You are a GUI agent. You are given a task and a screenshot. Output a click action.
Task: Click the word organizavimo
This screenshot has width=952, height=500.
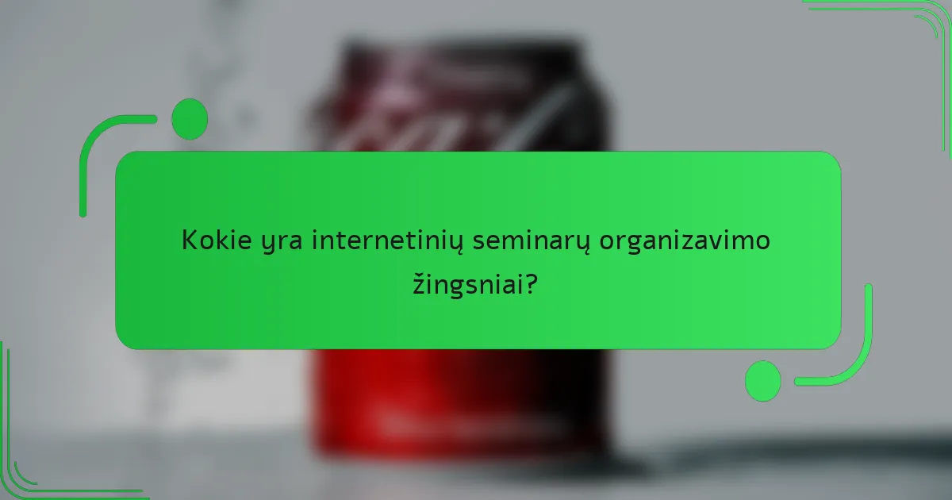[x=685, y=241]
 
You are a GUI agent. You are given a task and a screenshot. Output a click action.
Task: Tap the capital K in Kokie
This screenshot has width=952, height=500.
[x=190, y=240]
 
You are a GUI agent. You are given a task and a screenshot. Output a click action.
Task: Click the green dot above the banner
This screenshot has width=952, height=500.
[x=190, y=119]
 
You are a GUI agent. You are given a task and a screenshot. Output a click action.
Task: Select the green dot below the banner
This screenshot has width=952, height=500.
[x=762, y=380]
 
